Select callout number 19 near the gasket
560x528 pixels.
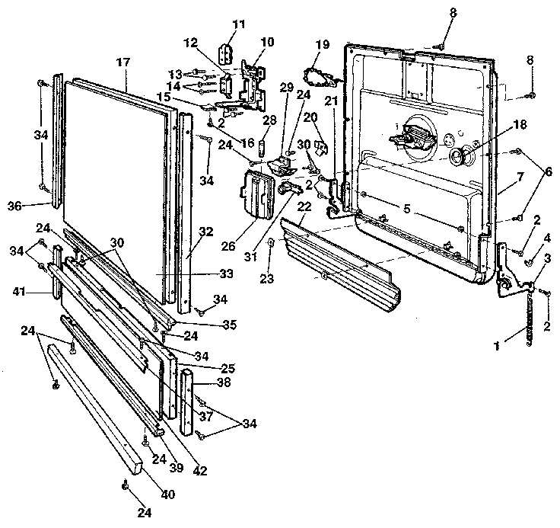pyautogui.click(x=322, y=45)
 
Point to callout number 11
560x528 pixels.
pyautogui.click(x=238, y=25)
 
